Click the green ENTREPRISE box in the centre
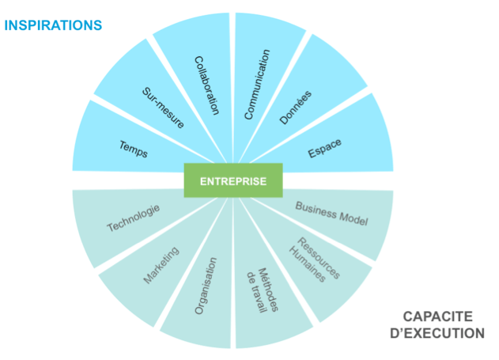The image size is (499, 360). (x=232, y=180)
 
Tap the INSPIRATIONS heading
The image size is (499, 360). (x=53, y=25)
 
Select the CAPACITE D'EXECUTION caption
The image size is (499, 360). (x=437, y=324)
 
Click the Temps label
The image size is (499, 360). (x=134, y=148)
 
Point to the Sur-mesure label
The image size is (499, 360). (x=164, y=108)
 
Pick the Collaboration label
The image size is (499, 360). (x=206, y=85)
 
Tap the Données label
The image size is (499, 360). (x=296, y=107)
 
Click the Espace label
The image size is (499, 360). (x=325, y=147)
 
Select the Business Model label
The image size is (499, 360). (x=332, y=213)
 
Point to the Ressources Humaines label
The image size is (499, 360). (x=317, y=259)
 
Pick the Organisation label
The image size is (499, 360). (x=206, y=286)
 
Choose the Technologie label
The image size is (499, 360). (x=134, y=218)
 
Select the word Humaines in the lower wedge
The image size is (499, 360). (x=311, y=263)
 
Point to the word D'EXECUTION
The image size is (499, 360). (x=437, y=333)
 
